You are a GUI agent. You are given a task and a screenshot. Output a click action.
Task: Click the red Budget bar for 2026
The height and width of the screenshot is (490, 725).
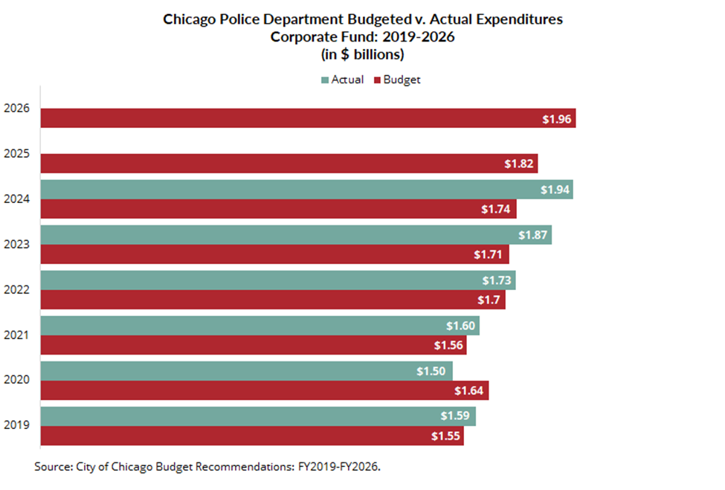point(297,118)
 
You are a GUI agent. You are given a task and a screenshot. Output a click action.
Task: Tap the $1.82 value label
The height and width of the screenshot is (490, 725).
point(519,164)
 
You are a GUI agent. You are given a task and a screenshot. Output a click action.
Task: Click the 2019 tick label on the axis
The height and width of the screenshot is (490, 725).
point(16,425)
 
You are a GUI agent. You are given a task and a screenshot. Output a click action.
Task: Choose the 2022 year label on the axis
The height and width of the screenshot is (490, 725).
point(16,289)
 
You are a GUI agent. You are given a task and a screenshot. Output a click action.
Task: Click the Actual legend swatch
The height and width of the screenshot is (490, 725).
point(326,80)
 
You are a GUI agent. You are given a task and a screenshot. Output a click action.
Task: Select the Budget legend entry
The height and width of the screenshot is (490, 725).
point(402,80)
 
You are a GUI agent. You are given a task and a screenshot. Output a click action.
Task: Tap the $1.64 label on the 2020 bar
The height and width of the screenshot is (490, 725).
point(469,391)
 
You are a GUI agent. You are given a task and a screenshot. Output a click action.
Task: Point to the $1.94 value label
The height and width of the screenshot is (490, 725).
point(555,190)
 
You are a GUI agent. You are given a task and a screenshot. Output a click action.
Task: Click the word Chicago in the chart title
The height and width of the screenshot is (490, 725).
point(187,19)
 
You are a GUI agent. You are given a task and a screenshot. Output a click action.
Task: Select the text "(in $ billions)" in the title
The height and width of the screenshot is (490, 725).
point(363,54)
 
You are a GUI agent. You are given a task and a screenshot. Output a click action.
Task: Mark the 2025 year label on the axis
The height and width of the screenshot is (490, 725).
point(16,154)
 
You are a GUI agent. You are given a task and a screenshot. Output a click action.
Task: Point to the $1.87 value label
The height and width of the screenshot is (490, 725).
point(534,236)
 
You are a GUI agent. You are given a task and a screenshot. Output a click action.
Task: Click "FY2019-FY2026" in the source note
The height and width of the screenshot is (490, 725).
point(347,467)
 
